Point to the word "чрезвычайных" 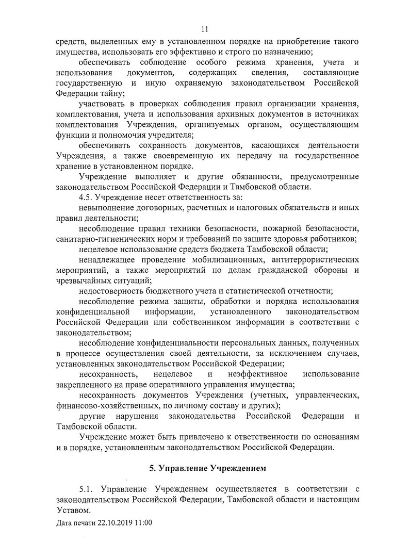coord(83,280)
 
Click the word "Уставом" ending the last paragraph coord(73,509)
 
